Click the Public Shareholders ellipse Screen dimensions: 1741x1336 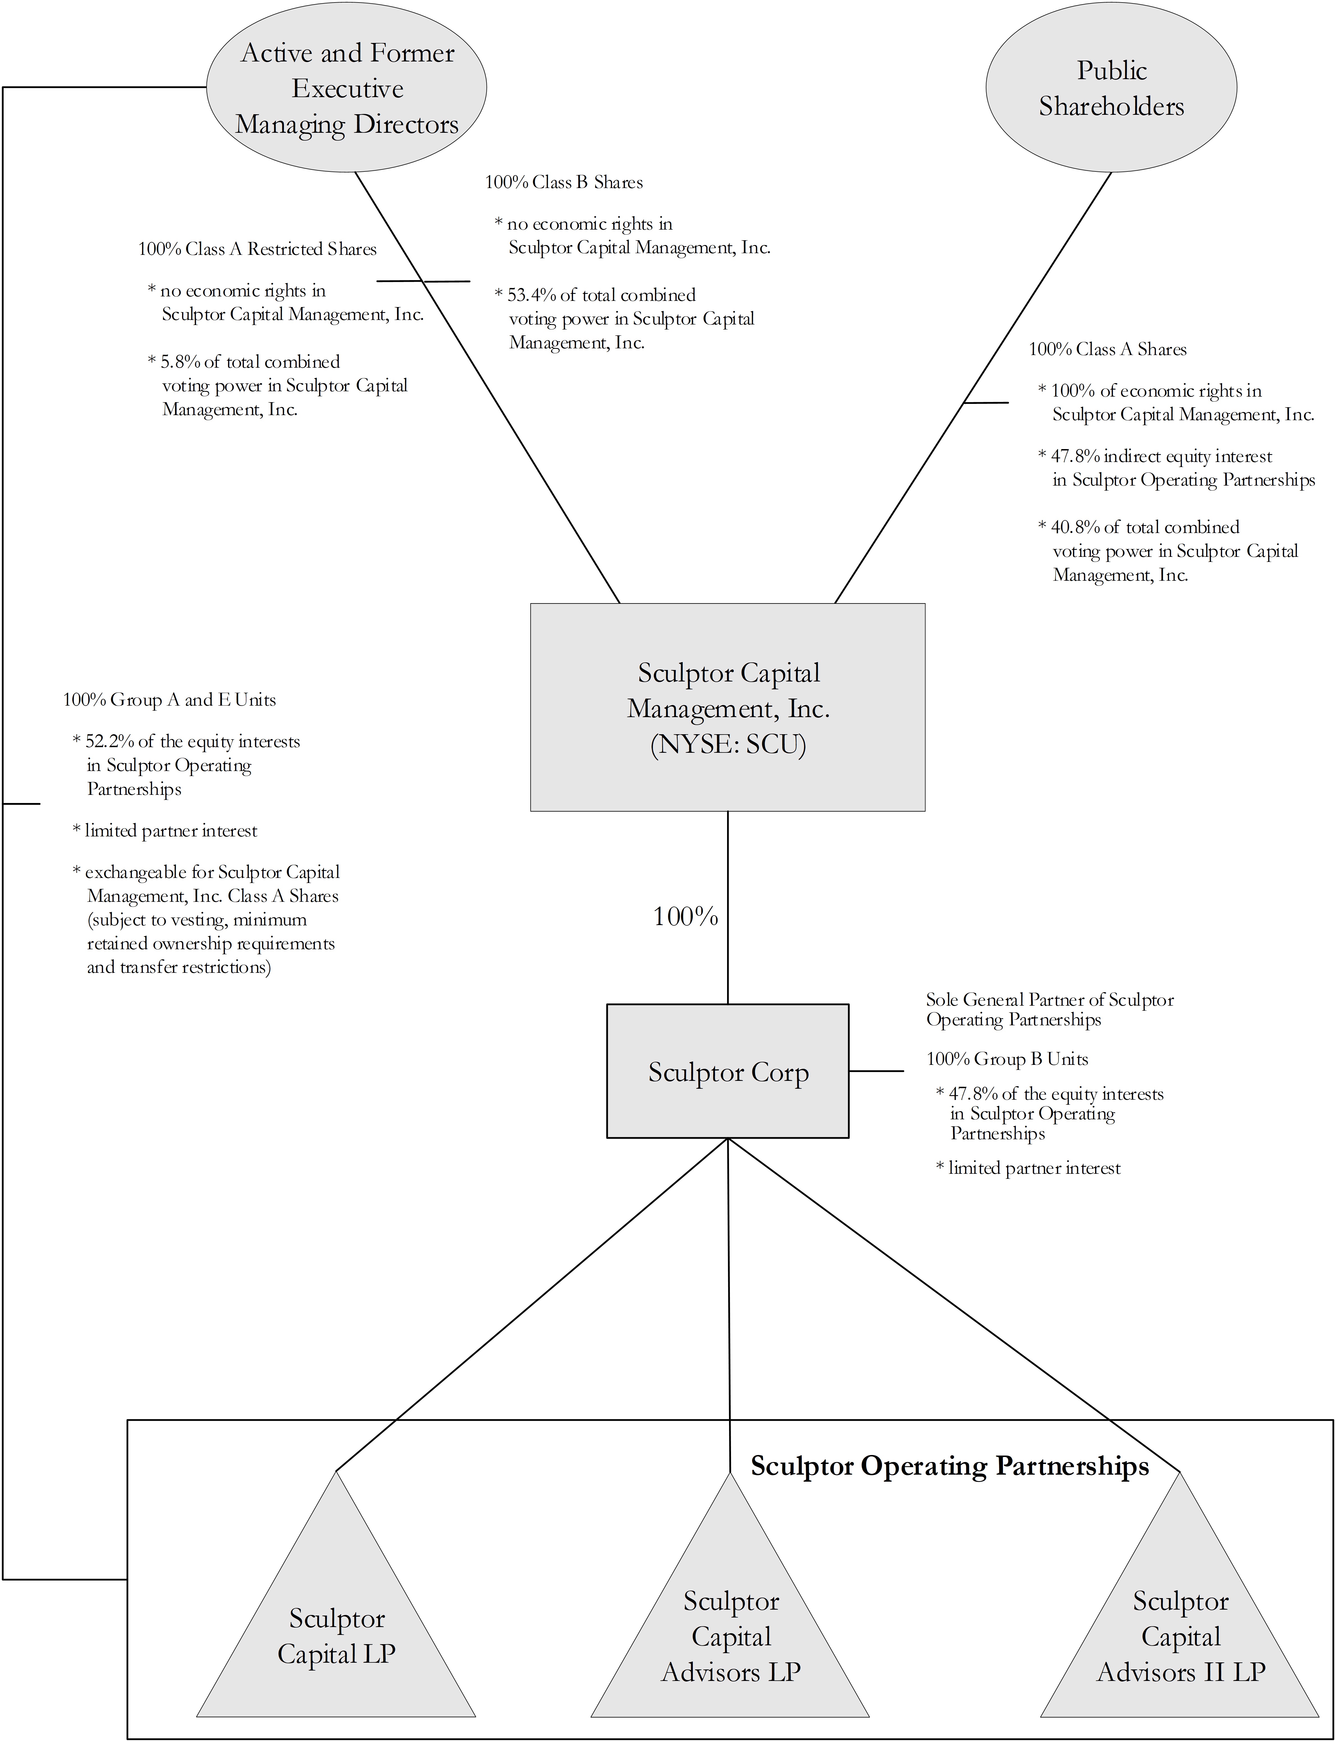(x=1111, y=88)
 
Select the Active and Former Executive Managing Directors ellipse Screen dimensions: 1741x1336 (x=347, y=88)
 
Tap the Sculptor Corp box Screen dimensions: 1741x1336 (x=728, y=1071)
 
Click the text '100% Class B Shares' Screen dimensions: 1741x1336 (x=564, y=182)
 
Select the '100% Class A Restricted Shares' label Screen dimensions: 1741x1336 (x=257, y=249)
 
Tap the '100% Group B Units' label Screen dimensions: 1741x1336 (x=1007, y=1059)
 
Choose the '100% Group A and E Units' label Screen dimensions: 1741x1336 (x=169, y=700)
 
